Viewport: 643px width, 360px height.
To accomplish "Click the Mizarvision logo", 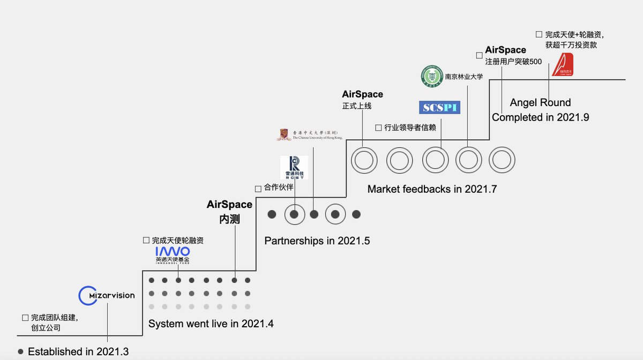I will (x=107, y=296).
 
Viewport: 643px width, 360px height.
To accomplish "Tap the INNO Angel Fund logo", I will (x=173, y=254).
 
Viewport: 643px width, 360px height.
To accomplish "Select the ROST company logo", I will (x=294, y=167).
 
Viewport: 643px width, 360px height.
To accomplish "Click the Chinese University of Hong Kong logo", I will (x=309, y=134).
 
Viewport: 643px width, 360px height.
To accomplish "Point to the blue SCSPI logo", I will (x=440, y=107).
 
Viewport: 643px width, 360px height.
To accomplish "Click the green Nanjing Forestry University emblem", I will (x=431, y=76).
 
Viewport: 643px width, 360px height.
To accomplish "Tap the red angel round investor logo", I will (x=563, y=64).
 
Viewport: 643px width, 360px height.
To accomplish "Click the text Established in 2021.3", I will (x=78, y=352).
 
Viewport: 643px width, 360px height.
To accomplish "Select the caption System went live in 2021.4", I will (x=211, y=324).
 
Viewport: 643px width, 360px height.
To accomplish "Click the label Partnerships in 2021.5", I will (x=317, y=241).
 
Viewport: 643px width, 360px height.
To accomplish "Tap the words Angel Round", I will (x=540, y=103).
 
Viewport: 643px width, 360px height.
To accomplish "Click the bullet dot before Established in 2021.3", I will (x=21, y=352).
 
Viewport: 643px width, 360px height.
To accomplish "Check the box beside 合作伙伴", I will (x=258, y=189).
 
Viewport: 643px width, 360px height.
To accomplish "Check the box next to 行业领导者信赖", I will (x=378, y=127).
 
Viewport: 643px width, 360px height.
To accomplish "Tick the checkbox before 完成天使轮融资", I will (x=146, y=241).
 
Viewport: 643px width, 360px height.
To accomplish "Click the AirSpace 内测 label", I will (x=229, y=212).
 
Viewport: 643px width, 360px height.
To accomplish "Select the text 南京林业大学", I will (x=464, y=77).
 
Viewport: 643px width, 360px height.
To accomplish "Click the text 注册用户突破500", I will (x=513, y=62).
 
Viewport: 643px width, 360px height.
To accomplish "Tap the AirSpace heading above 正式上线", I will (x=362, y=95).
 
